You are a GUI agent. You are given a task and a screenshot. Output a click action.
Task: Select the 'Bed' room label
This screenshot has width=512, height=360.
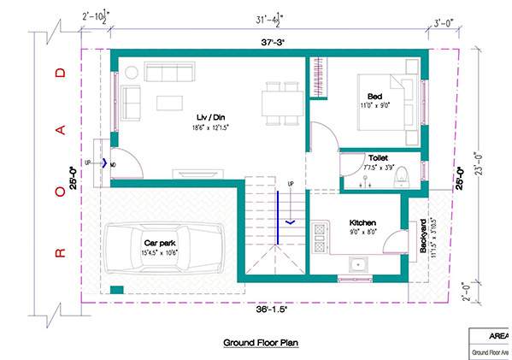pyautogui.click(x=375, y=96)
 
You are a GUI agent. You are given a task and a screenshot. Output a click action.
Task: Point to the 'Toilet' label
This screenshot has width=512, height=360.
pyautogui.click(x=378, y=158)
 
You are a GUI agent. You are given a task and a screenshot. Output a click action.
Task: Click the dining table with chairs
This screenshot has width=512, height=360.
pyautogui.click(x=274, y=99)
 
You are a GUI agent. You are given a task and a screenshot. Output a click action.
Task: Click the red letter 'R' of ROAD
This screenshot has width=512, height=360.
pyautogui.click(x=60, y=252)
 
